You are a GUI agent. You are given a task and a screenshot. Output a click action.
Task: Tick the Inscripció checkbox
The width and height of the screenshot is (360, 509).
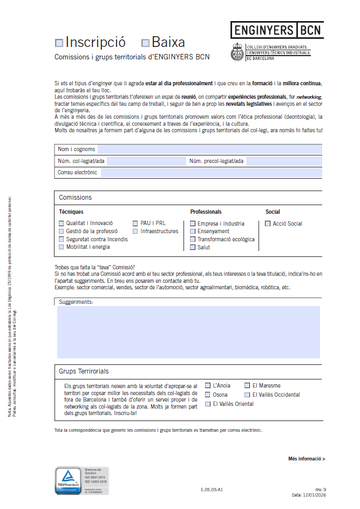click(59, 43)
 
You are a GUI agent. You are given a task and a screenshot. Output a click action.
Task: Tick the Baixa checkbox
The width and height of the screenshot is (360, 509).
click(145, 43)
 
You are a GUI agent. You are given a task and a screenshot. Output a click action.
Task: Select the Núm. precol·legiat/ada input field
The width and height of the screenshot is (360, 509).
click(284, 161)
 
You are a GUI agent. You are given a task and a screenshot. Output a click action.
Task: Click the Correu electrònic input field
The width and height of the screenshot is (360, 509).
click(211, 173)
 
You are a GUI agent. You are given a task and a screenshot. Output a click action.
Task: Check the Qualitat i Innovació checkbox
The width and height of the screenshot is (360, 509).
click(62, 223)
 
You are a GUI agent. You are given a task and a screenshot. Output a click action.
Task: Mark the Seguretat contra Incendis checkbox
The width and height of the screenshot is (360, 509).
click(62, 239)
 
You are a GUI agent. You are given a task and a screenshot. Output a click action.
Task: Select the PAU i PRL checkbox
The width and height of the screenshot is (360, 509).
click(136, 223)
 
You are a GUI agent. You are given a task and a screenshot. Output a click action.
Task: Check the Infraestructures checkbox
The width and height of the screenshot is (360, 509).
click(136, 231)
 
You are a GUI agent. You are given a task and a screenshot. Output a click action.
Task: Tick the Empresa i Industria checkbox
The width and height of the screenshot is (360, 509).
click(193, 223)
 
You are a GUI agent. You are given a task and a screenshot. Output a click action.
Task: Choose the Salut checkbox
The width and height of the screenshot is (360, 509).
click(193, 247)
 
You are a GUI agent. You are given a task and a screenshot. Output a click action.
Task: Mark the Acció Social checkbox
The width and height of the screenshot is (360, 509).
click(268, 223)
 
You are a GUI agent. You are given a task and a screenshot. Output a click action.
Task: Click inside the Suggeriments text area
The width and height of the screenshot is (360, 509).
click(188, 332)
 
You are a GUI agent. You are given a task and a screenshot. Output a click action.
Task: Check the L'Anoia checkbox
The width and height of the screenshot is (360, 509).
click(208, 386)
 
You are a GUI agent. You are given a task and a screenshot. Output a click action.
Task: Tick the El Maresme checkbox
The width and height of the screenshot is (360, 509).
click(247, 386)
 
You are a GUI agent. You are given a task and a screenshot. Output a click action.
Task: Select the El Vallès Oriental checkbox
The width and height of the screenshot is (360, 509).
click(208, 404)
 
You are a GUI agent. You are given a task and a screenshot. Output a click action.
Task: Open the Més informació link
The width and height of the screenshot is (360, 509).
click(307, 459)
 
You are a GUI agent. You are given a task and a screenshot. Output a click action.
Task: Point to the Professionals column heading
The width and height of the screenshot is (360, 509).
click(206, 212)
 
